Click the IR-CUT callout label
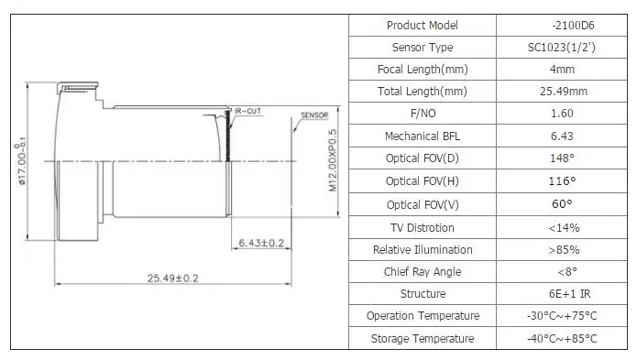(x=247, y=111)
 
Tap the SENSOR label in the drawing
(x=314, y=115)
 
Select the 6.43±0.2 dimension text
(x=261, y=243)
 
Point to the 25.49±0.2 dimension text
(x=172, y=278)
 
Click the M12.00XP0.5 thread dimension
(x=333, y=160)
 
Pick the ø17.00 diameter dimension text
(x=20, y=161)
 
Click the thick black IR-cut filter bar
(x=228, y=136)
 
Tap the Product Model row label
(x=423, y=25)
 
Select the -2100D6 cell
(x=573, y=25)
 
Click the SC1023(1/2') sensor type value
(x=562, y=48)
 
